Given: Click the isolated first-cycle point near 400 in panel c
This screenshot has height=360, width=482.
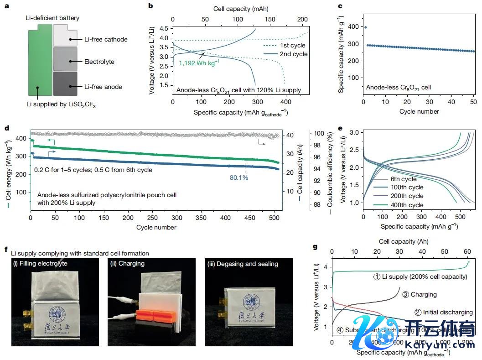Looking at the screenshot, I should pyautogui.click(x=365, y=27).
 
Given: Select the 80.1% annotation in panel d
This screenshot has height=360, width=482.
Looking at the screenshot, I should pyautogui.click(x=239, y=177).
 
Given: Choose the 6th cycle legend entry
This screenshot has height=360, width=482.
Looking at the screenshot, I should pyautogui.click(x=404, y=179).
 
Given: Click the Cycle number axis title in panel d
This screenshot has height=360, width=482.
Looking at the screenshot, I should pyautogui.click(x=156, y=227).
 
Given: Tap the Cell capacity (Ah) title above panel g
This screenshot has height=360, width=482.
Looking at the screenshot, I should pyautogui.click(x=404, y=241).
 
